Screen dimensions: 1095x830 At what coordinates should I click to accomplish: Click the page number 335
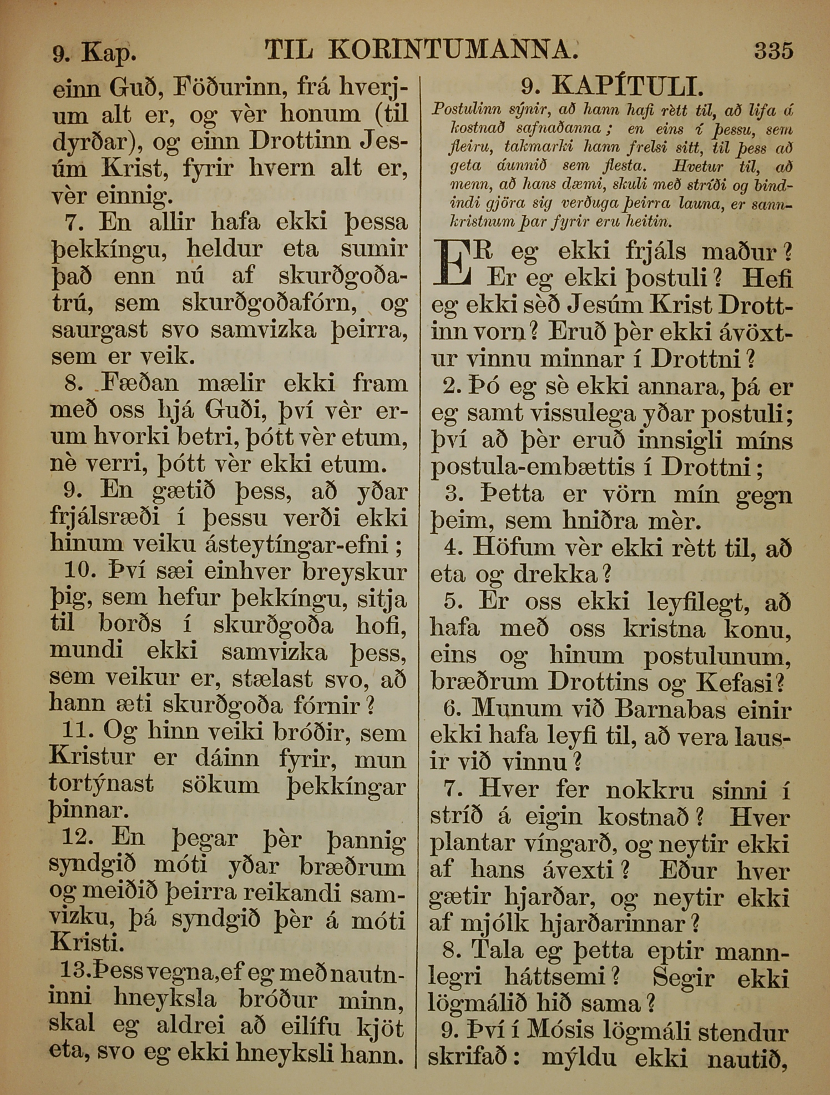(x=773, y=51)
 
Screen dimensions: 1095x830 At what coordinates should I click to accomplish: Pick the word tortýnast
(x=102, y=785)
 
